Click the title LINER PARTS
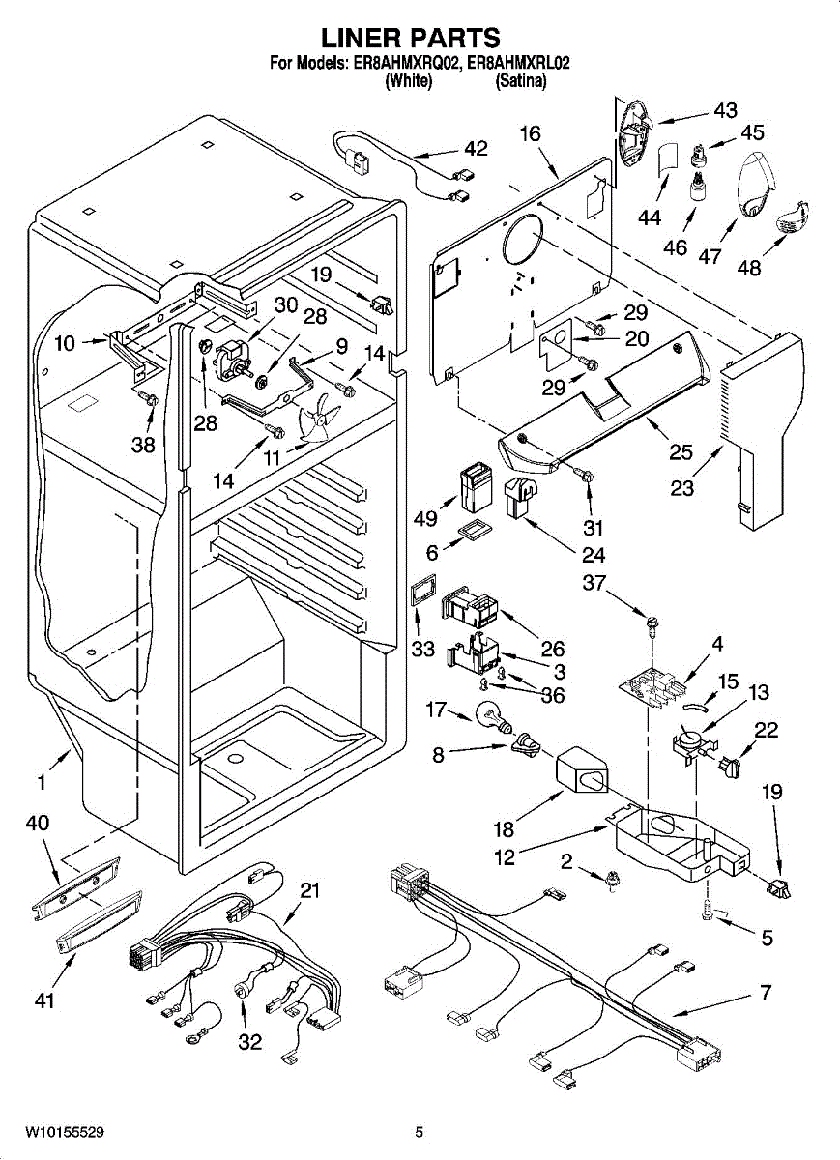coord(410,38)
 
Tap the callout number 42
coord(475,149)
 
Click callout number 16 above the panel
coord(531,133)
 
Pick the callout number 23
coord(682,488)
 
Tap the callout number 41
coord(44,1001)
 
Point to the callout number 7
coord(766,993)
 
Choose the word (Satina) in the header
coord(521,82)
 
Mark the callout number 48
coord(748,268)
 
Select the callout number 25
coord(681,450)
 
